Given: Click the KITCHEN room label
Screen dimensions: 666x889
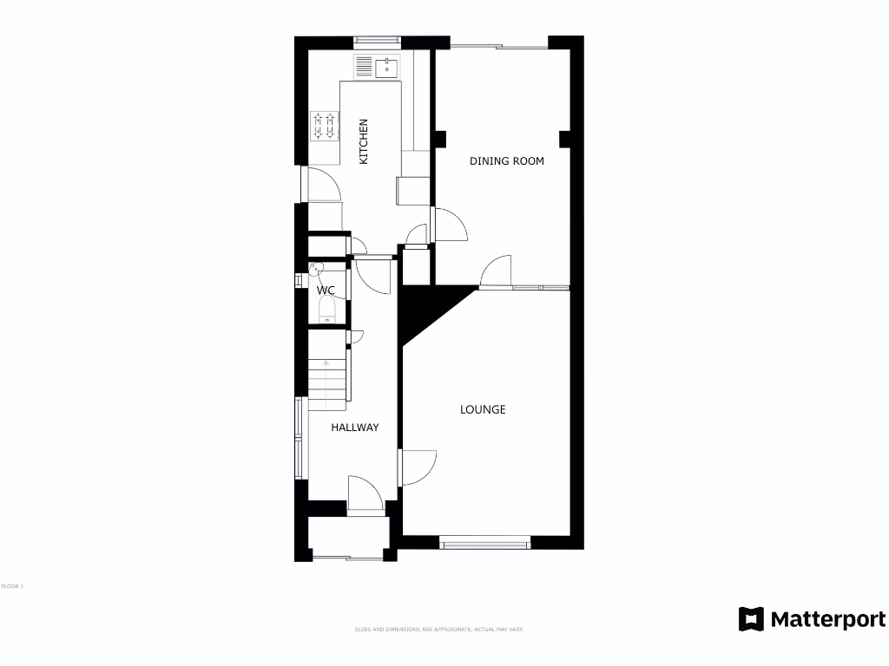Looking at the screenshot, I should point(364,141).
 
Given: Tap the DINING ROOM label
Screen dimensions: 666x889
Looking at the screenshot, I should point(507,160).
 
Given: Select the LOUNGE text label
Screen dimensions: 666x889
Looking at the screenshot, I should point(483,409).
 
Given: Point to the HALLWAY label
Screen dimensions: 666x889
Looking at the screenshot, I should point(355,428).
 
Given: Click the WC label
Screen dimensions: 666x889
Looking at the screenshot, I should point(326,290).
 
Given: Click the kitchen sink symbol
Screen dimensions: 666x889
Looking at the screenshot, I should point(376,67).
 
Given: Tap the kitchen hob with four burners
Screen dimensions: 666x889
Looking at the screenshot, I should point(326,126).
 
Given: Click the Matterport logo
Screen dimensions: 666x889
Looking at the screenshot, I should point(812,619).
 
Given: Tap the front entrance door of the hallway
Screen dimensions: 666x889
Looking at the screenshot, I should point(365,495).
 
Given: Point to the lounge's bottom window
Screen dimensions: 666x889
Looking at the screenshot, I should point(484,544).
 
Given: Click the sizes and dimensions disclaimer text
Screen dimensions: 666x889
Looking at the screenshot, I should point(438,629).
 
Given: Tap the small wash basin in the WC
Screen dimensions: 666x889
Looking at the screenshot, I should point(315,269).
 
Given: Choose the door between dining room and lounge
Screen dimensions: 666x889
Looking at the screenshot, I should point(497,271).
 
